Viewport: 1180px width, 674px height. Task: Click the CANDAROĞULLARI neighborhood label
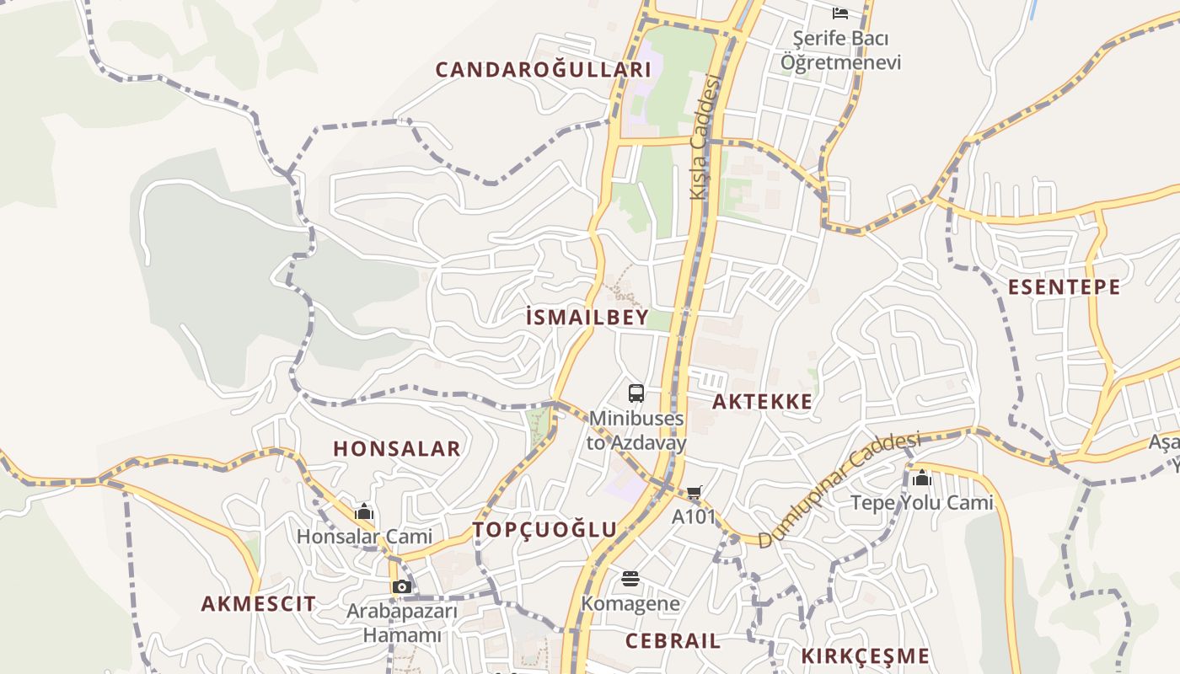(543, 69)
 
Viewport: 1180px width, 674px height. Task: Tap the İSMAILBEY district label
(587, 317)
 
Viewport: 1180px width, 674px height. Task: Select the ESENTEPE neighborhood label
(1065, 286)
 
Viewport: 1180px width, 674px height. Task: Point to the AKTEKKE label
(763, 401)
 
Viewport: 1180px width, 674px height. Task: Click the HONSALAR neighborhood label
(397, 448)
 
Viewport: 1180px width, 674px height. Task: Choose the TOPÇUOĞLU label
(545, 529)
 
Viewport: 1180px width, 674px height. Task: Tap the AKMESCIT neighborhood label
(259, 603)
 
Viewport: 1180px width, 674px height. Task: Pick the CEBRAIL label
(673, 640)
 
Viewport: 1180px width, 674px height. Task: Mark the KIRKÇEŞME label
(865, 655)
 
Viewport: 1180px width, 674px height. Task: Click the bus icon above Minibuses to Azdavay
(636, 393)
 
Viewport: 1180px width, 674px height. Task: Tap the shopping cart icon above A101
(694, 493)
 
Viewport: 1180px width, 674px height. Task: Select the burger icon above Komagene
(630, 579)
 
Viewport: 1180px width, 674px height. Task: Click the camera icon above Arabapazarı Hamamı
(401, 586)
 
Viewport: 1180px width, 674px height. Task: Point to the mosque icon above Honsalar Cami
(364, 511)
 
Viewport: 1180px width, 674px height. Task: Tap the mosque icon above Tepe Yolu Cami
(921, 479)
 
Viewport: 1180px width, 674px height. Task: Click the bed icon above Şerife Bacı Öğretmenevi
(840, 13)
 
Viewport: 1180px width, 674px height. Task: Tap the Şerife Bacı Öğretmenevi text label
(840, 51)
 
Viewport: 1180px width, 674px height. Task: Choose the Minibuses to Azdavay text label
(636, 430)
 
